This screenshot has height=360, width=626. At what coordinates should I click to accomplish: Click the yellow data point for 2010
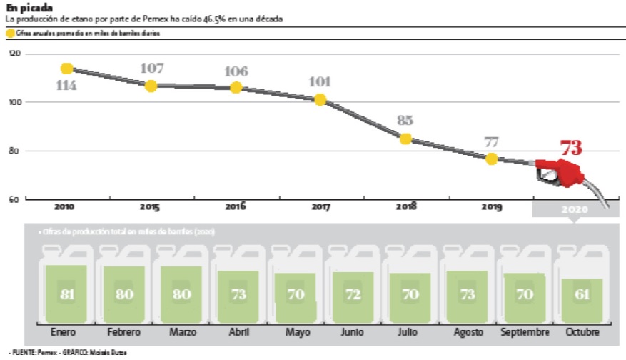(x=67, y=69)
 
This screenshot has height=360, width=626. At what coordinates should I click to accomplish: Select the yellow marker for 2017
(x=320, y=100)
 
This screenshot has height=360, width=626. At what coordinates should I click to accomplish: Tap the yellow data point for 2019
(x=491, y=159)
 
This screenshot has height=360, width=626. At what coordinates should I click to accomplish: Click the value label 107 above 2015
(x=151, y=69)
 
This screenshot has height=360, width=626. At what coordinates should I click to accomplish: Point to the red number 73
(x=571, y=149)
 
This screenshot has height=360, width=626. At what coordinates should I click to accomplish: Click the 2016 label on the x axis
(x=236, y=207)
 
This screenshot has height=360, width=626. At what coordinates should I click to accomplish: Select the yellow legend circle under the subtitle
(x=11, y=33)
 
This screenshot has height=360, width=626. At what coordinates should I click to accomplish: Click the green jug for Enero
(x=66, y=294)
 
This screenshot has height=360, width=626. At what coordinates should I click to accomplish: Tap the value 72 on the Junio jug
(x=353, y=295)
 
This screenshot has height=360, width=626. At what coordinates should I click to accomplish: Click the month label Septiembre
(x=525, y=333)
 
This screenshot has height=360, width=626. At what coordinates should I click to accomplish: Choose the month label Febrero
(x=123, y=333)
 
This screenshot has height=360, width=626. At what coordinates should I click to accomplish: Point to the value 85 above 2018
(x=405, y=121)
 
